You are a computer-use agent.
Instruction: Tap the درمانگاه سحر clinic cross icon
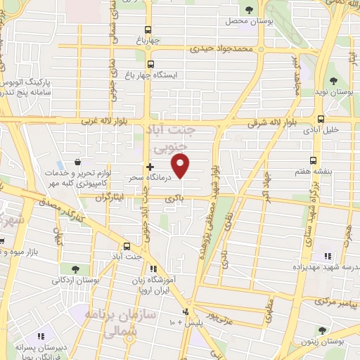tap(149, 167)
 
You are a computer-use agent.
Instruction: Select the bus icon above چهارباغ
tap(147, 30)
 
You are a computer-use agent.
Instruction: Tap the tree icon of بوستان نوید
tap(333, 82)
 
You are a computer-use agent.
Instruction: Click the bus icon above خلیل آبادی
tap(321, 119)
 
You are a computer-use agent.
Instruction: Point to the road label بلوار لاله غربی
tap(92, 122)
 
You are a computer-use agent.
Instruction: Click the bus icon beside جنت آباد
tap(127, 246)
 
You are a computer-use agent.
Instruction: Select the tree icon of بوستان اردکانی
tap(75, 269)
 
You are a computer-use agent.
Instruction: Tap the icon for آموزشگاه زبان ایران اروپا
tap(154, 269)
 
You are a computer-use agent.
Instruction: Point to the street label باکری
tap(174, 200)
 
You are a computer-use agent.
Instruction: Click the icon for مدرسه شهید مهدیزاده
tap(327, 257)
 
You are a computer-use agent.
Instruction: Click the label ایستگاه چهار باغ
tap(156, 74)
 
